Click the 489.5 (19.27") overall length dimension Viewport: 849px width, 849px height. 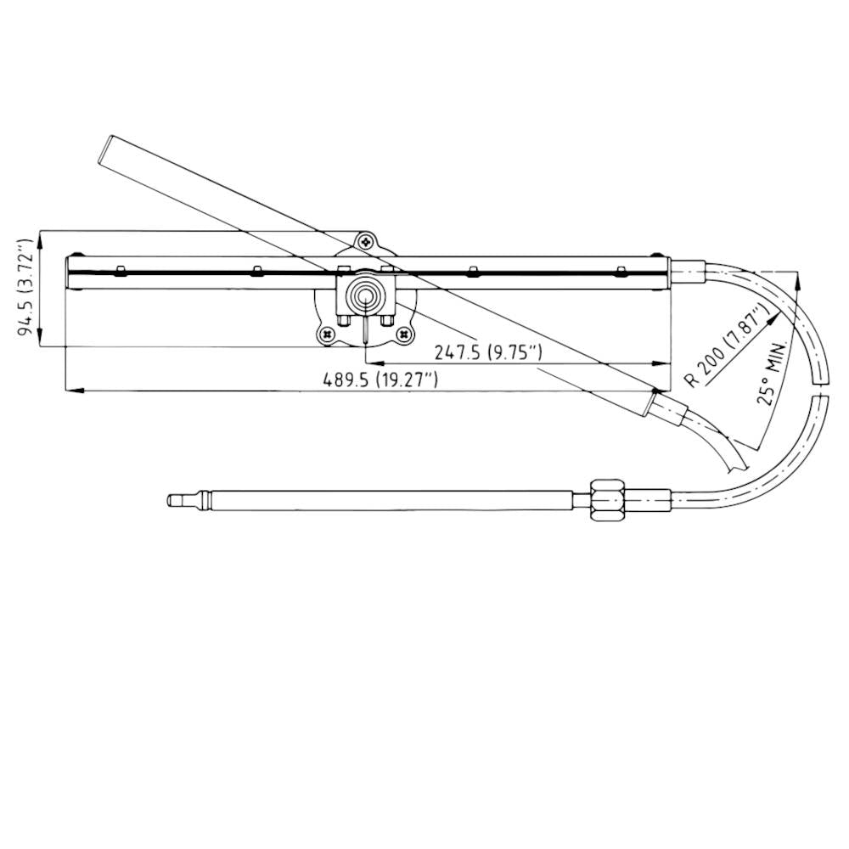point(380,380)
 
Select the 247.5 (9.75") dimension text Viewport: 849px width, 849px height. point(487,351)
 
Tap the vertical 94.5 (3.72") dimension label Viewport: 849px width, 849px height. point(27,288)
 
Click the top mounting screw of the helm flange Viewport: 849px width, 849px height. point(365,242)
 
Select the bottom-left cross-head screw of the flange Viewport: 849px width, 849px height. point(328,336)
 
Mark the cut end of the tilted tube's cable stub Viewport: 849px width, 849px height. point(737,462)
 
